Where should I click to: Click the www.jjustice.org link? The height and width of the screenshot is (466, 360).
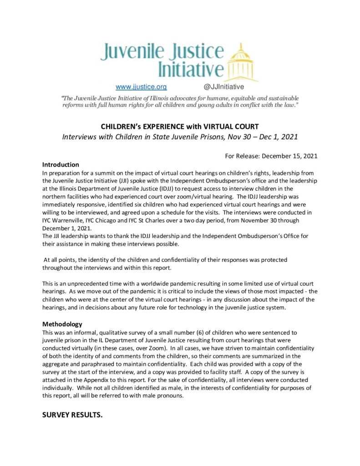coord(142,86)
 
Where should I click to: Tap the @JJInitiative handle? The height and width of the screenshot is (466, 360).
coord(223,86)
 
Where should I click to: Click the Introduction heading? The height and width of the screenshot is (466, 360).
coord(61,164)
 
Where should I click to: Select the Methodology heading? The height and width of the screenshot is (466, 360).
coord(62,324)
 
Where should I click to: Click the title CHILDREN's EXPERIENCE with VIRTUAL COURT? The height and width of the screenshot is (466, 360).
coord(180,126)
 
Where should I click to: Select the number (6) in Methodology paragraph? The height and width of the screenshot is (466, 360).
coord(183,332)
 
